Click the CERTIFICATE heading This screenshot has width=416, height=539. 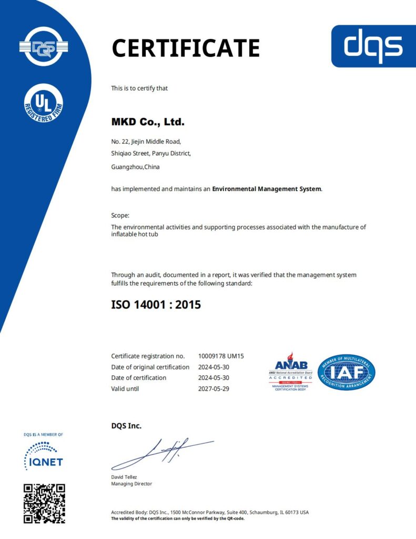click(x=186, y=48)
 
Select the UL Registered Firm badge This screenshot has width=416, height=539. click(x=44, y=104)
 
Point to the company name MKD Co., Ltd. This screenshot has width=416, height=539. click(x=148, y=122)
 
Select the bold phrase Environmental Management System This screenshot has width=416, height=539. click(x=266, y=188)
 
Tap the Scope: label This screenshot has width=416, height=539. click(x=120, y=215)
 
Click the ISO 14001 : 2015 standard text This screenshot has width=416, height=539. click(x=156, y=304)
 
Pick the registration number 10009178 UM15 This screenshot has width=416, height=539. click(x=221, y=356)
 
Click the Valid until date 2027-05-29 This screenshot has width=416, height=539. click(x=214, y=389)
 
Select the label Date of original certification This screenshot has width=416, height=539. click(x=150, y=367)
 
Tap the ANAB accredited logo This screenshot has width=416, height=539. click(x=290, y=372)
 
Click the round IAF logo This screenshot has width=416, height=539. click(x=347, y=372)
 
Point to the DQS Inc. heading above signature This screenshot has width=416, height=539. click(x=126, y=426)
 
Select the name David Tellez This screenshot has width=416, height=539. click(x=124, y=477)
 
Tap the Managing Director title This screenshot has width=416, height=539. click(x=131, y=484)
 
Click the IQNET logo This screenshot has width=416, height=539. click(x=44, y=456)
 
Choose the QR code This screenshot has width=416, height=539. click(x=44, y=503)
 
